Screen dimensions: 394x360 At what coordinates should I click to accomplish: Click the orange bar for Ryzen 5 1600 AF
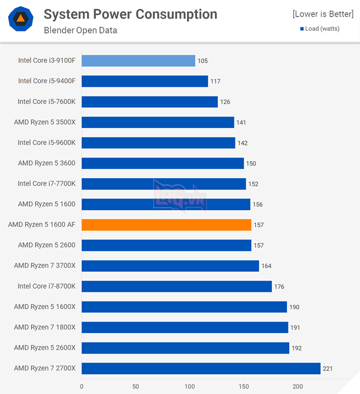pyautogui.click(x=166, y=225)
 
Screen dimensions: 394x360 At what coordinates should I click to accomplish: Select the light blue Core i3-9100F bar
pyautogui.click(x=138, y=61)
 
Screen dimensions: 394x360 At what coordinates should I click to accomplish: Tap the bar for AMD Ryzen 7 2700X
pyautogui.click(x=201, y=368)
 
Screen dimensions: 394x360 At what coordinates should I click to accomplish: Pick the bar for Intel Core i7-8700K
pyautogui.click(x=177, y=287)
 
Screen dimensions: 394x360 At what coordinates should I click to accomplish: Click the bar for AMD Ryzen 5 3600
pyautogui.click(x=162, y=163)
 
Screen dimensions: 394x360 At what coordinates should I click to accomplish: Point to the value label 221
pyautogui.click(x=327, y=368)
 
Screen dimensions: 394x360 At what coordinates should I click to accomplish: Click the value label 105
pyautogui.click(x=202, y=61)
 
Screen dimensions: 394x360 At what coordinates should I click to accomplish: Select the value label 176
pyautogui.click(x=279, y=287)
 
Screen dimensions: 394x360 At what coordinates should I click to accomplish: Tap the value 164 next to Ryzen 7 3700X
pyautogui.click(x=266, y=266)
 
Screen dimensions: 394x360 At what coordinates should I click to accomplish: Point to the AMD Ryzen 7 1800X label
pyautogui.click(x=45, y=327)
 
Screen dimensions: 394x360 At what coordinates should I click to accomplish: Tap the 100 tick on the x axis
pyautogui.click(x=189, y=387)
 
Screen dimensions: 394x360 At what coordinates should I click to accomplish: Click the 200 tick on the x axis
pyautogui.click(x=297, y=387)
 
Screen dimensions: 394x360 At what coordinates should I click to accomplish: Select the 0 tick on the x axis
pyautogui.click(x=82, y=387)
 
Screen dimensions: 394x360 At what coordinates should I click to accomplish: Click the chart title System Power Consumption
pyautogui.click(x=130, y=14)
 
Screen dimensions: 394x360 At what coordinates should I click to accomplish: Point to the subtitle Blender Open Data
pyautogui.click(x=80, y=30)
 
